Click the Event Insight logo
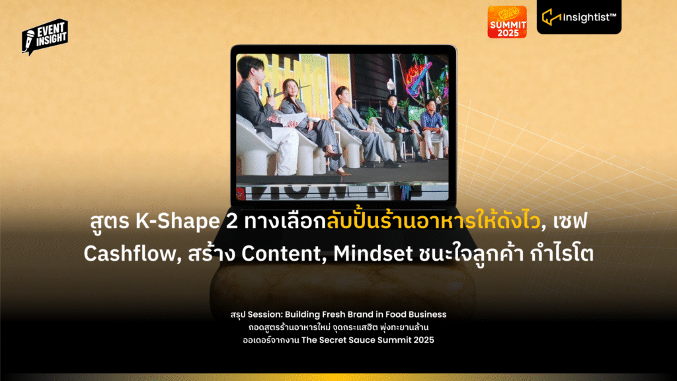45,37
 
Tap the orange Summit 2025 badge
507,22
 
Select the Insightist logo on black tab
579,17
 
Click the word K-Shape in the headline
177,222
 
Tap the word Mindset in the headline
373,253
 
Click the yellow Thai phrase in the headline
433,220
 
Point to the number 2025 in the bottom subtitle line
423,340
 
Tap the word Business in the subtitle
428,314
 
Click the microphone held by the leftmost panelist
268,89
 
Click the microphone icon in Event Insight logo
28,40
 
